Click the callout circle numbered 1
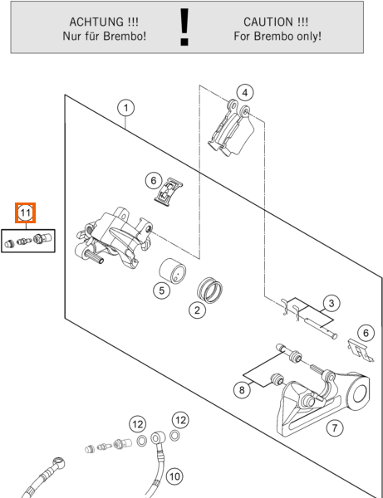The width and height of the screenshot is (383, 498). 125,108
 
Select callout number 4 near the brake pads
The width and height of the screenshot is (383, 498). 245,93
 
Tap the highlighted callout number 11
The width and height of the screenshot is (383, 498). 26,212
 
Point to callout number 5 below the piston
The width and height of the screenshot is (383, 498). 162,290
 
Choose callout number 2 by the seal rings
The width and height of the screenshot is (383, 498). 197,310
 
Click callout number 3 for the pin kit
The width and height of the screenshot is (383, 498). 331,303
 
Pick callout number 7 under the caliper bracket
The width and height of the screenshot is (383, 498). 335,427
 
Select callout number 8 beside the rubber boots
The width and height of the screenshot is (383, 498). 242,389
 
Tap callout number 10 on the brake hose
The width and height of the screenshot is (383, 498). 174,476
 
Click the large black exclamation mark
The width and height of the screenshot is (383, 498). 184,27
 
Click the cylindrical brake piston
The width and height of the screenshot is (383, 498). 172,271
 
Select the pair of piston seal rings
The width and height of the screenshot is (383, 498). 209,290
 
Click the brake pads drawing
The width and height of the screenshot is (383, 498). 232,129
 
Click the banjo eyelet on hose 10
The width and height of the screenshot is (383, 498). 157,439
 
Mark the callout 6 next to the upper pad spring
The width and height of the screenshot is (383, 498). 154,180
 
